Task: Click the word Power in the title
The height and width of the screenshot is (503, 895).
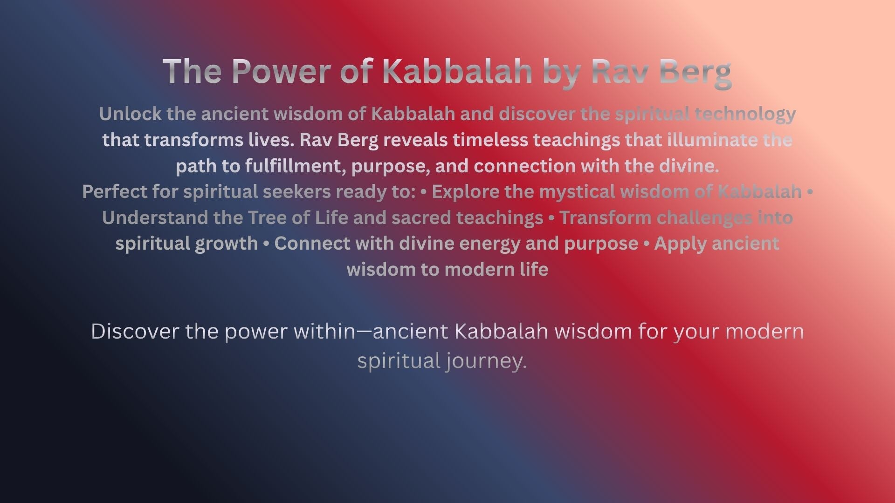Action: [x=282, y=71]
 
